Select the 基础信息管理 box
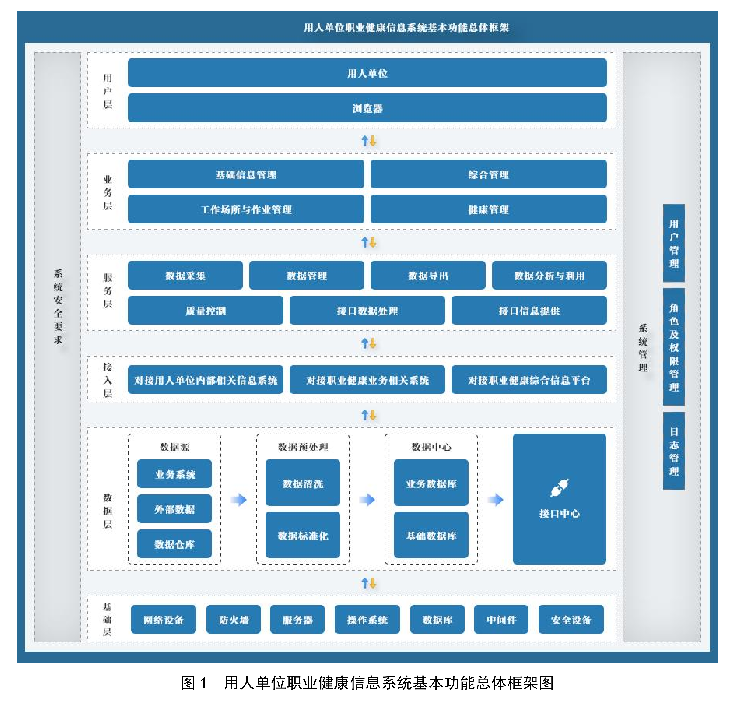coord(246,174)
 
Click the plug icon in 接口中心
coord(559,488)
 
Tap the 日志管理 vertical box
coord(674,451)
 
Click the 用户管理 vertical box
coord(674,243)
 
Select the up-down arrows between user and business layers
coord(369,141)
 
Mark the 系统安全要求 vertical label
coord(58,306)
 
